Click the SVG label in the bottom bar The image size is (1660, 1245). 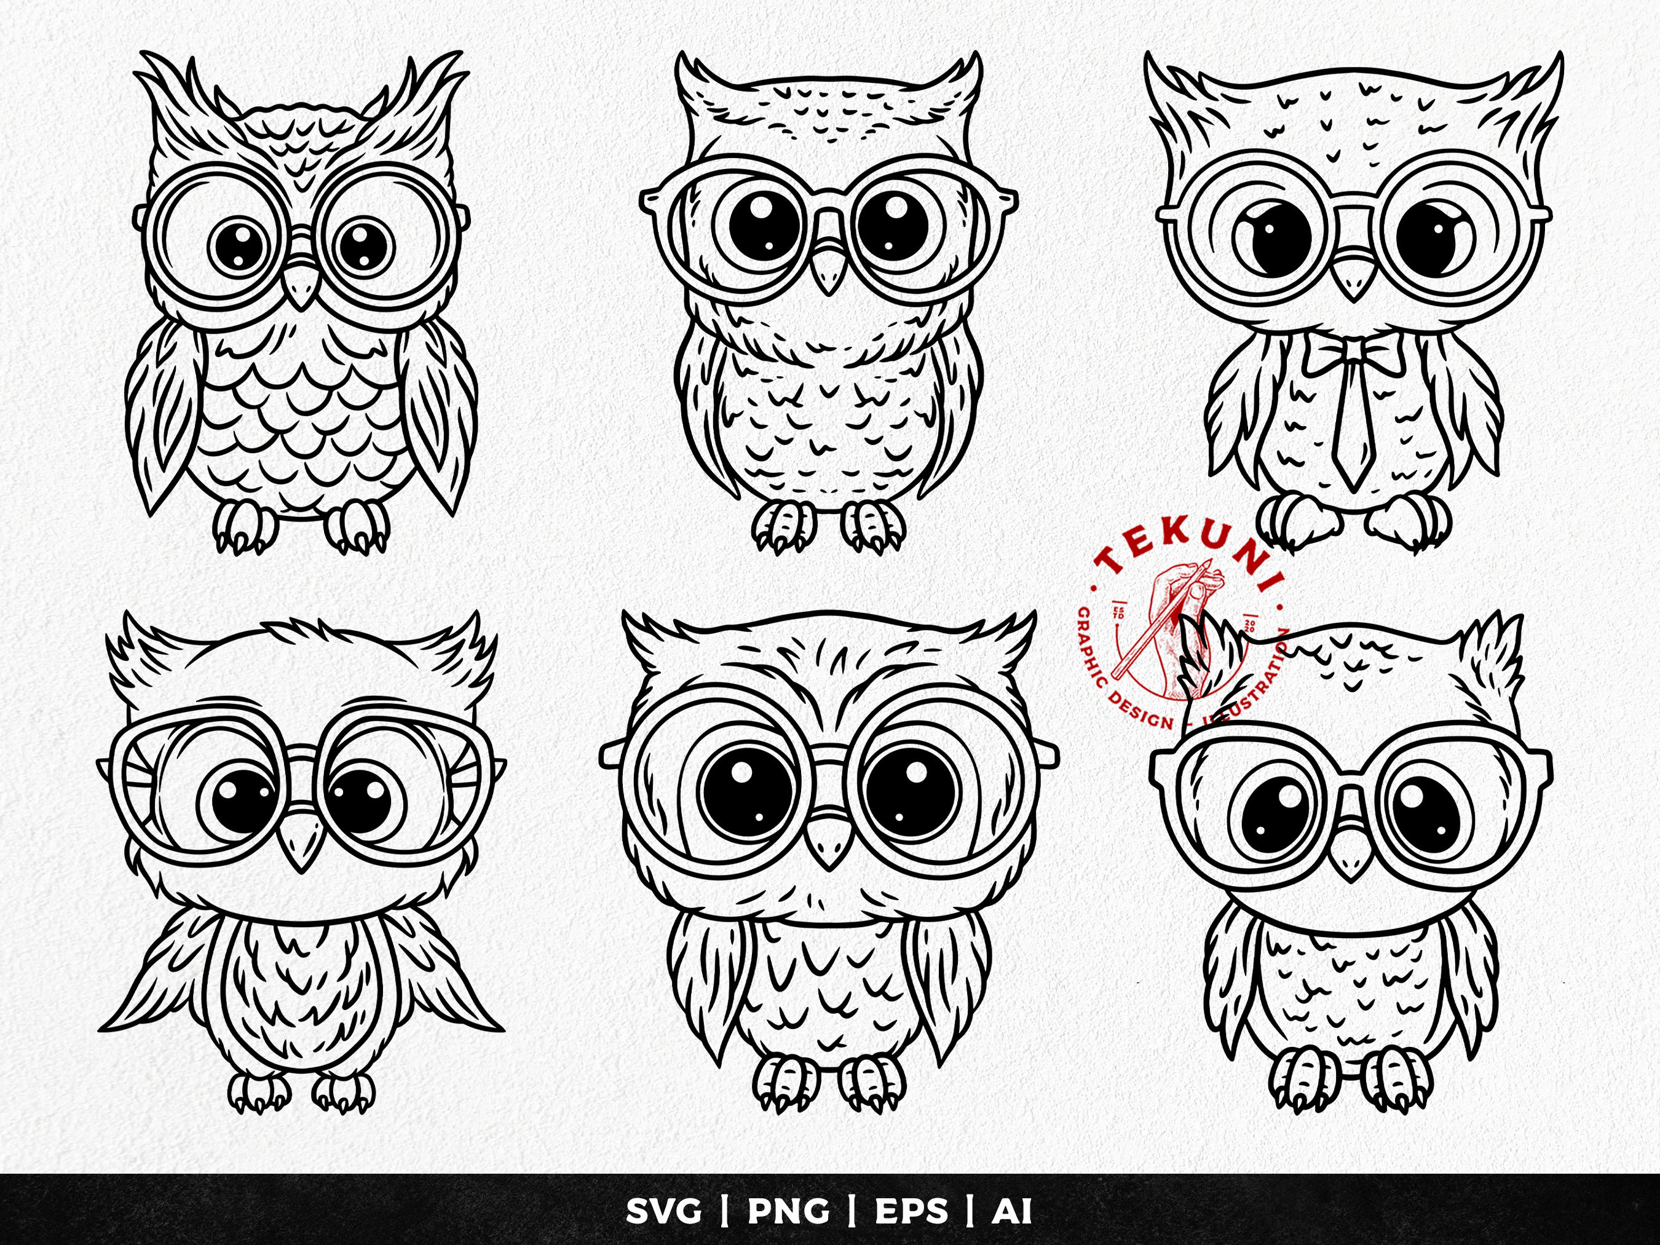click(x=663, y=1211)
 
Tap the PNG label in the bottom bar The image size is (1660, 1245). click(x=788, y=1211)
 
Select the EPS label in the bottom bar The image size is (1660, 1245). click(x=911, y=1211)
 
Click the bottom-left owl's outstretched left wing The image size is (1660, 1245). click(x=161, y=976)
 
